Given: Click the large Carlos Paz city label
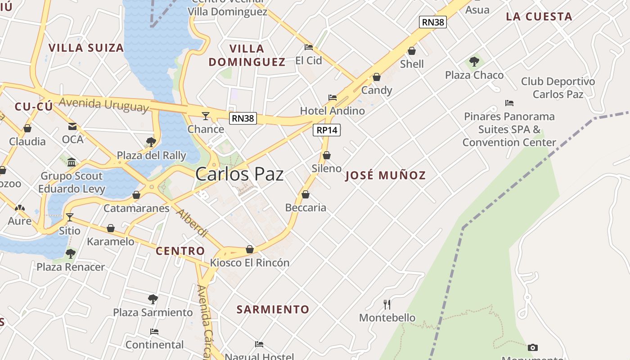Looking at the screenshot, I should pyautogui.click(x=239, y=174).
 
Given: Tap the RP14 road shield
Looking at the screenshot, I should pyautogui.click(x=327, y=130).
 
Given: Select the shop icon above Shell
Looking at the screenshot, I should pyautogui.click(x=412, y=51).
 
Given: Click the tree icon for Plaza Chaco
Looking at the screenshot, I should pyautogui.click(x=474, y=62).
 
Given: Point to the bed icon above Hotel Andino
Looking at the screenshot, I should pyautogui.click(x=333, y=97).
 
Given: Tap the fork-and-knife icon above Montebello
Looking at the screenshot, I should pyautogui.click(x=387, y=305).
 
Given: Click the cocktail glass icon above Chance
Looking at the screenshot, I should pyautogui.click(x=206, y=116).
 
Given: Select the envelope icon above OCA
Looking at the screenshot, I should pyautogui.click(x=72, y=126).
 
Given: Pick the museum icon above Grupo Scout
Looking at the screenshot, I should pyautogui.click(x=71, y=162).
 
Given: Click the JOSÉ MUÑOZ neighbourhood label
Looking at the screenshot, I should pyautogui.click(x=385, y=175).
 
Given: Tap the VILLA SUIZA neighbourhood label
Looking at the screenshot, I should pyautogui.click(x=86, y=48).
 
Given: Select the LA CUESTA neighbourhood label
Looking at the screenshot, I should pyautogui.click(x=539, y=17).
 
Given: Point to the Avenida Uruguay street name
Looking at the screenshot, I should pyautogui.click(x=103, y=104).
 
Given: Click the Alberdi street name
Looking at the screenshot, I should pyautogui.click(x=192, y=223).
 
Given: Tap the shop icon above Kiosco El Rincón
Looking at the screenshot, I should pyautogui.click(x=250, y=249).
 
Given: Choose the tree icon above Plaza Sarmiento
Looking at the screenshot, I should pyautogui.click(x=153, y=299).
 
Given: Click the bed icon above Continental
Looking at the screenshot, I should pyautogui.click(x=154, y=332).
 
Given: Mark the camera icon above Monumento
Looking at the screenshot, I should pyautogui.click(x=533, y=347).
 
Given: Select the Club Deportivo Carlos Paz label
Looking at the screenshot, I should pyautogui.click(x=558, y=88).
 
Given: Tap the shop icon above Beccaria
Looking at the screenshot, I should pyautogui.click(x=306, y=194).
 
